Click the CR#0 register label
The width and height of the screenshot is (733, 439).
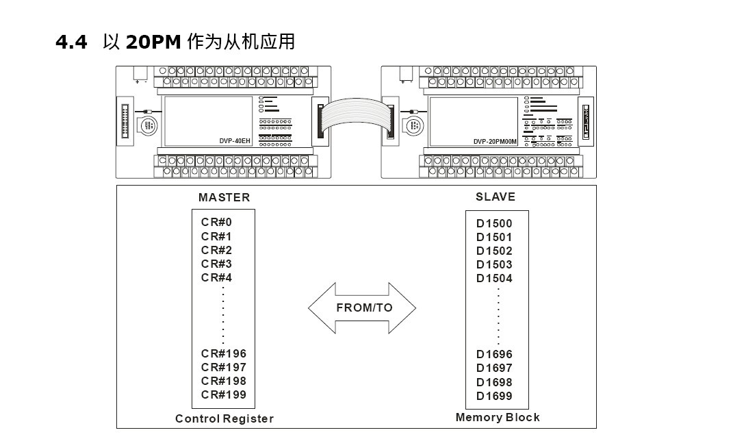click(x=217, y=223)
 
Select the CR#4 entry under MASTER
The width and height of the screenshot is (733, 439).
click(x=217, y=277)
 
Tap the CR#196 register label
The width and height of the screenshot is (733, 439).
click(x=224, y=354)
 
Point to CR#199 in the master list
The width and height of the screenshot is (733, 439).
click(x=224, y=394)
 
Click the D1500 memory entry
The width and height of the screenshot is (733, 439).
click(x=494, y=223)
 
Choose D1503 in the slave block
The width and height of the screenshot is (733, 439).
click(x=494, y=264)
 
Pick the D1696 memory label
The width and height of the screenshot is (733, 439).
click(x=494, y=355)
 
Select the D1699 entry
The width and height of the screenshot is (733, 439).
click(x=494, y=396)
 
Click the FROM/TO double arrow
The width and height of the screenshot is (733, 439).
click(x=363, y=308)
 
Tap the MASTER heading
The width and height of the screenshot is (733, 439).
click(x=224, y=197)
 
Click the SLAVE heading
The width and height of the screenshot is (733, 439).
click(x=496, y=197)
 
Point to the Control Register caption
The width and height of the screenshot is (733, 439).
click(x=224, y=418)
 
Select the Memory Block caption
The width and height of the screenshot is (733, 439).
click(x=498, y=417)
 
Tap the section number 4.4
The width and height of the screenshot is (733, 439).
click(x=72, y=42)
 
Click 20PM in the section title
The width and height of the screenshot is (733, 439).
click(x=153, y=42)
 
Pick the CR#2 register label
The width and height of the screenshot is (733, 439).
click(x=217, y=250)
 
